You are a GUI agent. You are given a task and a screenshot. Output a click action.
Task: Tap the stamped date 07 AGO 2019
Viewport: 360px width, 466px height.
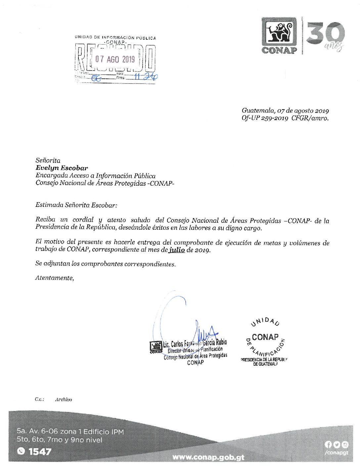pyautogui.click(x=115, y=59)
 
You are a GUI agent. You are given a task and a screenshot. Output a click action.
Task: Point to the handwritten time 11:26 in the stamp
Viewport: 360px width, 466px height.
pyautogui.click(x=146, y=77)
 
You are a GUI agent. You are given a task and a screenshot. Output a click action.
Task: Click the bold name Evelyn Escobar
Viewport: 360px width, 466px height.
pyautogui.click(x=62, y=168)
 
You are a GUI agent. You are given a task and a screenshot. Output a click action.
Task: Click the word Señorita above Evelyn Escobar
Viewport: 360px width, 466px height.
pyautogui.click(x=48, y=161)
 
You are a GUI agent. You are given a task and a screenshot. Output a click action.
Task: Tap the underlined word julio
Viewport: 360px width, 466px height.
pyautogui.click(x=177, y=250)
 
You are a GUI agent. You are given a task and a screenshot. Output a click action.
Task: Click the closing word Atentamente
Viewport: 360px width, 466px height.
pyautogui.click(x=55, y=278)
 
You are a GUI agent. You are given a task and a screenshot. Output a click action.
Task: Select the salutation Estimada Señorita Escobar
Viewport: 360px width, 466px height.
pyautogui.click(x=76, y=205)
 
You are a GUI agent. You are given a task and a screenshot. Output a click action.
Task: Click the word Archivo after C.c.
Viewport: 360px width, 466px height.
pyautogui.click(x=64, y=399)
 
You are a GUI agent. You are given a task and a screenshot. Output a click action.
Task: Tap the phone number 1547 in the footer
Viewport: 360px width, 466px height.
pyautogui.click(x=40, y=451)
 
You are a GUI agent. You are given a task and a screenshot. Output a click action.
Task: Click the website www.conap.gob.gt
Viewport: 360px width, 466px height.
pyautogui.click(x=208, y=457)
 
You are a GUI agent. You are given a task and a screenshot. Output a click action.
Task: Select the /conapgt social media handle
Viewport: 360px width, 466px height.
pyautogui.click(x=337, y=453)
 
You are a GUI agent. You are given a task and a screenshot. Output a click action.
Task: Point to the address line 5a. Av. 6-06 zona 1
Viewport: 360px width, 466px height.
pyautogui.click(x=70, y=432)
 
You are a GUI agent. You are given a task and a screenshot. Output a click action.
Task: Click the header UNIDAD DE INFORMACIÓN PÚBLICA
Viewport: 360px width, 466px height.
pyautogui.click(x=115, y=38)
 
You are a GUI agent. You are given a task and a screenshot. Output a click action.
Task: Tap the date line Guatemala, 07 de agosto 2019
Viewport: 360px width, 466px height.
pyautogui.click(x=285, y=111)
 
